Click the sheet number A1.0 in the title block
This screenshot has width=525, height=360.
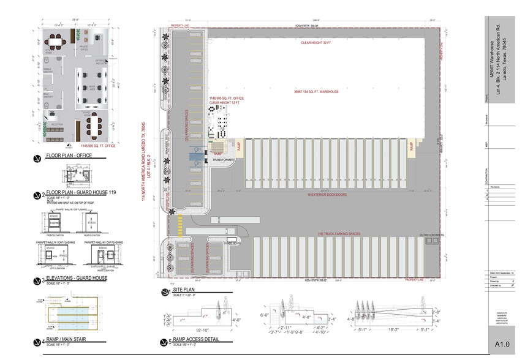tap(502, 346)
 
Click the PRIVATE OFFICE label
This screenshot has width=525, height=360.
tap(85, 48)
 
